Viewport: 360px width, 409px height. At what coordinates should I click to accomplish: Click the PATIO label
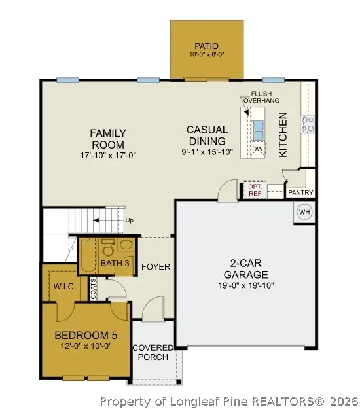tap(206, 46)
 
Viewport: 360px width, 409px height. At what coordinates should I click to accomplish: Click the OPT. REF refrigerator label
tap(255, 190)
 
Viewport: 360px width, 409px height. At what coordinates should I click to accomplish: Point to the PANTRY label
tap(300, 193)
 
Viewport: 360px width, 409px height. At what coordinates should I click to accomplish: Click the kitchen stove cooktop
tap(307, 123)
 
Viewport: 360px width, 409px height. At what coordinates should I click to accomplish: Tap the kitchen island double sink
tap(259, 130)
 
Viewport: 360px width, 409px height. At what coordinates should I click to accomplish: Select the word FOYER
tap(156, 267)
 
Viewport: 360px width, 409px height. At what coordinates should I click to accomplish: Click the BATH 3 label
tap(115, 264)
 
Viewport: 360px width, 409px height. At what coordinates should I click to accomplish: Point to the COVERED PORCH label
tap(153, 352)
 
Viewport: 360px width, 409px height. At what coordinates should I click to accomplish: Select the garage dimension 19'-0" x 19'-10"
tap(245, 285)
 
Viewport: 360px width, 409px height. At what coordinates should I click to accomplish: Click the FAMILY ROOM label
tap(107, 138)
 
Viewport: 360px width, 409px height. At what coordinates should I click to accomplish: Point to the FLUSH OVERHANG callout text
tap(256, 97)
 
